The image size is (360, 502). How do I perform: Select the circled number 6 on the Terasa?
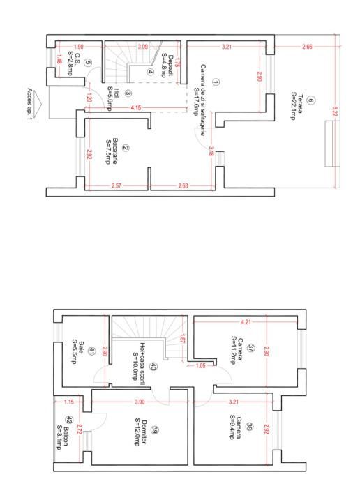click(310, 100)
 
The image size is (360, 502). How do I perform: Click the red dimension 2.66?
click(307, 47)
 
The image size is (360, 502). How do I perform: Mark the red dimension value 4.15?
click(135, 107)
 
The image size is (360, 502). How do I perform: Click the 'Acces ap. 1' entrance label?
click(29, 96)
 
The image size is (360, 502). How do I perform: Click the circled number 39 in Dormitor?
click(154, 430)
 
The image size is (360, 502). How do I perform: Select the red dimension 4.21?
click(245, 322)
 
